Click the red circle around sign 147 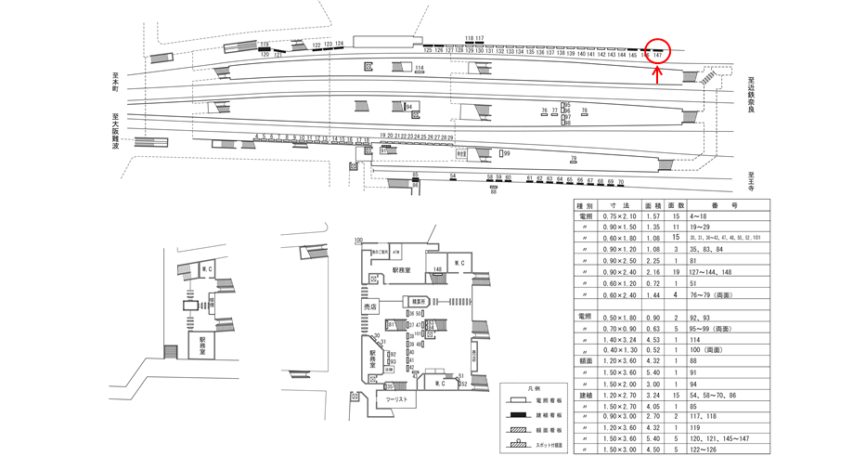[x=657, y=52]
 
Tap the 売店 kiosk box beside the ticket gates [x=370, y=306]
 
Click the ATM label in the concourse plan [x=395, y=252]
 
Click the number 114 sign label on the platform [x=420, y=68]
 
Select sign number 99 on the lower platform [x=507, y=153]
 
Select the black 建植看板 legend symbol [x=517, y=415]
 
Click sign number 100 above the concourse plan [x=357, y=241]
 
